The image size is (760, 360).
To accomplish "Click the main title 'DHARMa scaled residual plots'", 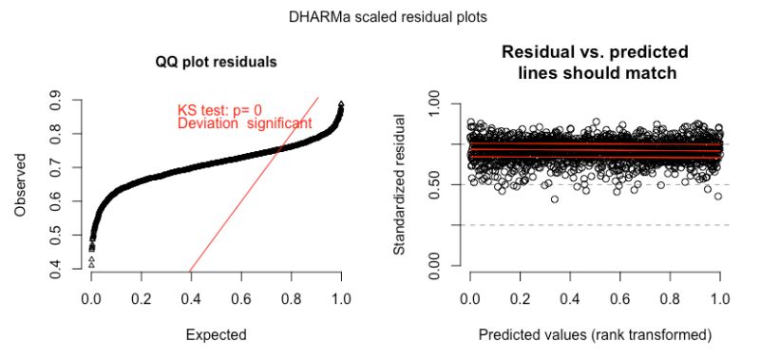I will click(379, 17).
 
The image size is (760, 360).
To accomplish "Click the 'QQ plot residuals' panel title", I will click(217, 64).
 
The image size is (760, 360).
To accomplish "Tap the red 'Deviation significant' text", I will click(244, 123).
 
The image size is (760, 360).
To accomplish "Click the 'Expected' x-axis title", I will click(217, 334).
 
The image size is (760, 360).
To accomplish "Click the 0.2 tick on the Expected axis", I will click(142, 298).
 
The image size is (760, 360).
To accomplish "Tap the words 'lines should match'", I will click(596, 71).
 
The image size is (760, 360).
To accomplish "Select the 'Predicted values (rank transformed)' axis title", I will click(596, 334).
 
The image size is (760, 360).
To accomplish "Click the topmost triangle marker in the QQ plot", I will click(341, 104).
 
